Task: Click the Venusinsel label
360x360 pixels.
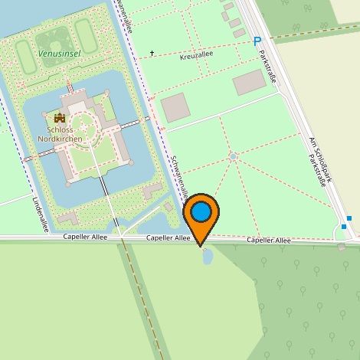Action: click(x=58, y=54)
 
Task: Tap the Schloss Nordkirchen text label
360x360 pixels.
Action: click(x=61, y=135)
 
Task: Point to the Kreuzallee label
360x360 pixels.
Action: click(x=196, y=57)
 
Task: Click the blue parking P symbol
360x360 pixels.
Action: click(x=257, y=41)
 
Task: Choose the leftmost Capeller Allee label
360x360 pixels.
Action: click(x=86, y=238)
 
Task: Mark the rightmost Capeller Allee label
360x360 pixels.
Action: click(x=269, y=241)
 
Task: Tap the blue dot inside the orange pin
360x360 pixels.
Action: click(x=201, y=212)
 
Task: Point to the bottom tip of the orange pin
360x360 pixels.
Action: click(x=201, y=246)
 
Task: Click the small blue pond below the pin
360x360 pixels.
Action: click(x=207, y=257)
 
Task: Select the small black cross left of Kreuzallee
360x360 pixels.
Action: click(x=152, y=53)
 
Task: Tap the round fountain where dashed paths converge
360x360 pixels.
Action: click(x=233, y=157)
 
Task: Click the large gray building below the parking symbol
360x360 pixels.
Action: click(x=249, y=82)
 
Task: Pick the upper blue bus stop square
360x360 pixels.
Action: click(x=349, y=218)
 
